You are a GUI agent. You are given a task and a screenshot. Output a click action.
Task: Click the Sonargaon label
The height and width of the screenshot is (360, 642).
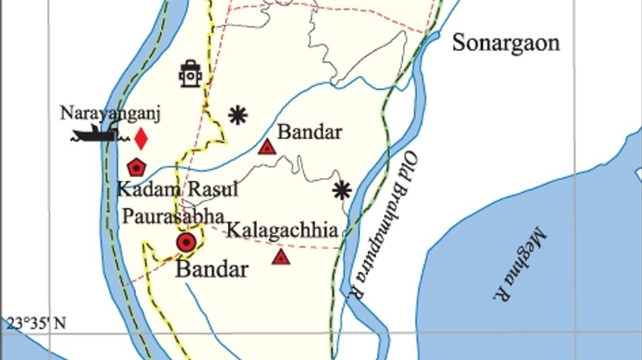tap(506, 43)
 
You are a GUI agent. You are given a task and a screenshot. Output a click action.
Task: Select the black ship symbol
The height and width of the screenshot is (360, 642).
tap(93, 133)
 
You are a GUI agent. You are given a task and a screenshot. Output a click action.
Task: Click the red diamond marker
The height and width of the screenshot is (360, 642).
tap(141, 138)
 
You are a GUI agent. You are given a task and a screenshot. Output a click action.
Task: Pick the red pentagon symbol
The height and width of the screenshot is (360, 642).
tap(136, 167)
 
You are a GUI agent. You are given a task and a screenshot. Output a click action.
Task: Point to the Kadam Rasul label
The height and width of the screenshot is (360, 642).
tap(177, 189)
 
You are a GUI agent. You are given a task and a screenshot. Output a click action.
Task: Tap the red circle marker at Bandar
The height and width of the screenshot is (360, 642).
tap(186, 243)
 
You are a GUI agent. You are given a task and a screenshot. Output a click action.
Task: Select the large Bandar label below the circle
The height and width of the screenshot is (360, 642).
tap(212, 270)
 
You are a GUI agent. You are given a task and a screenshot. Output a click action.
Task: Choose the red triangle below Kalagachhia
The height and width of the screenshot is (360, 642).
tap(281, 256)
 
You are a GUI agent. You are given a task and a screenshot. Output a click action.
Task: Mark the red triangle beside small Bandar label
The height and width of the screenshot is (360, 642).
tap(267, 147)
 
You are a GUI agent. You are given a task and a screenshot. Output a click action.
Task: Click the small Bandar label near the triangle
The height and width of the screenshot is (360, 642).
tap(310, 132)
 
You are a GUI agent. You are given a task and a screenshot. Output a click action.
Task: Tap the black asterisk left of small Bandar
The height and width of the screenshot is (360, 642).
tap(238, 115)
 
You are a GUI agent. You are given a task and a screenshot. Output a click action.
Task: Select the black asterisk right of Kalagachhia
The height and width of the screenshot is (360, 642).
tap(342, 189)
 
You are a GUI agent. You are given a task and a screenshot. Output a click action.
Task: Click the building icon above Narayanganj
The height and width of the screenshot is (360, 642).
tap(190, 73)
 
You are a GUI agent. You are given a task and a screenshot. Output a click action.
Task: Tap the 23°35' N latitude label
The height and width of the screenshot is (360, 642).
tap(37, 324)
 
